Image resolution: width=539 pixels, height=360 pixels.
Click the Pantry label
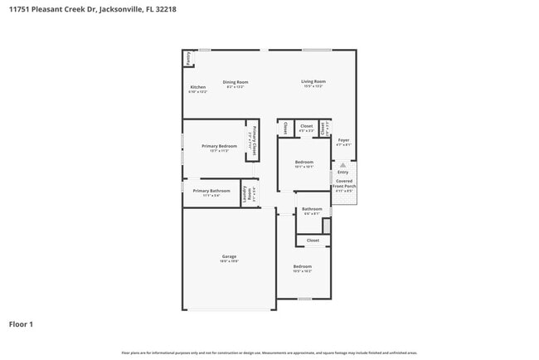click(x=188, y=58)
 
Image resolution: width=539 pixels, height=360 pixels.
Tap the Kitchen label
click(x=198, y=87)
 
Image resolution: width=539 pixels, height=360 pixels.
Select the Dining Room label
click(x=236, y=82)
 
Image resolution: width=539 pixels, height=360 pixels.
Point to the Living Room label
click(x=313, y=81)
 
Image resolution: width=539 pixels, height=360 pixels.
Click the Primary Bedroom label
click(x=219, y=146)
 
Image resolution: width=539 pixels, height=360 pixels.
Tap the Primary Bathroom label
click(x=211, y=191)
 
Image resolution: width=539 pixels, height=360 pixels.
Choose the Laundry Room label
click(x=250, y=194)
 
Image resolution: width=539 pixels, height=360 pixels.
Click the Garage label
click(x=229, y=257)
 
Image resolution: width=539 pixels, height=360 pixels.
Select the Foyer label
click(x=343, y=140)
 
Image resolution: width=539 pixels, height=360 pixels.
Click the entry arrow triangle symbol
click(x=342, y=165)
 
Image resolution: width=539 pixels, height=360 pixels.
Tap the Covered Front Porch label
click(x=343, y=184)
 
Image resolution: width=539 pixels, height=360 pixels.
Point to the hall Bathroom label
click(x=312, y=209)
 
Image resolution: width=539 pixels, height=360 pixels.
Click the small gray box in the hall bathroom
click(x=327, y=226)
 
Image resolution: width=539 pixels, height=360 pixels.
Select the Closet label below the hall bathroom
click(x=313, y=241)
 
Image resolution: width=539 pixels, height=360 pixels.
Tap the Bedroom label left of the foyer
click(x=303, y=162)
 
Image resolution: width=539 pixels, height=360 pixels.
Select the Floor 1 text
click(x=21, y=324)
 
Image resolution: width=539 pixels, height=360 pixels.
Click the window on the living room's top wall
click(x=317, y=50)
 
